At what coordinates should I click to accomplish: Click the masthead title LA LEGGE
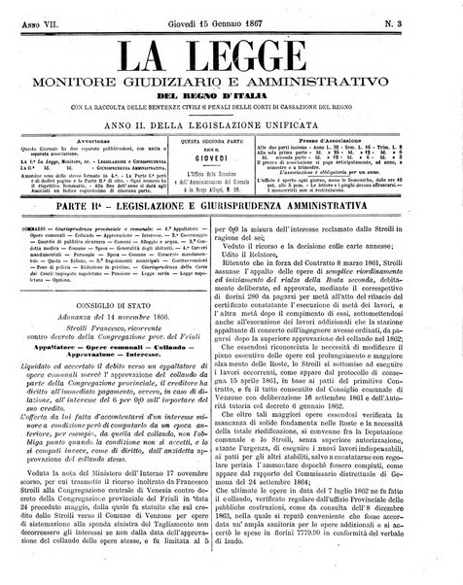231,50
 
